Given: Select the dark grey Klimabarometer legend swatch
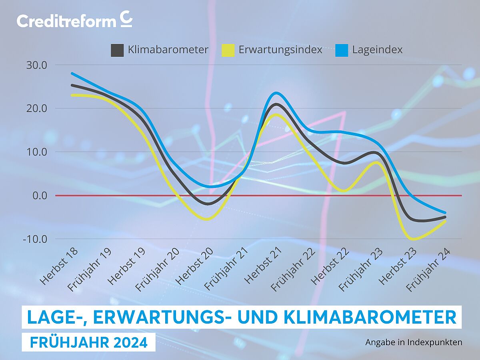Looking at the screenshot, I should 117,50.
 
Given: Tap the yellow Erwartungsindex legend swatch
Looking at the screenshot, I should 228,50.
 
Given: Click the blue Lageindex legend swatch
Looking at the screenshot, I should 341,50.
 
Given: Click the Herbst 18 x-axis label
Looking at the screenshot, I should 59,266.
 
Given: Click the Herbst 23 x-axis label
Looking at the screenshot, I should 398,266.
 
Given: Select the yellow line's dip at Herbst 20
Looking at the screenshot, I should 207,219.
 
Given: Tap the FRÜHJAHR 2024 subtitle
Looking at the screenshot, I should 88,342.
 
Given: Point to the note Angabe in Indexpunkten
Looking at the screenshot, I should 414,342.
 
